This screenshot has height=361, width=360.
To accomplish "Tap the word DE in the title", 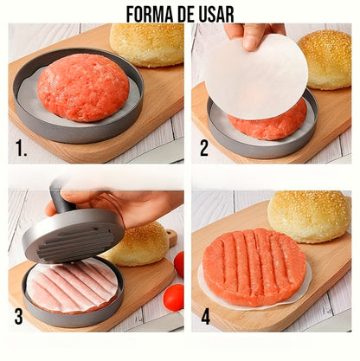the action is pyautogui.click(x=186, y=15).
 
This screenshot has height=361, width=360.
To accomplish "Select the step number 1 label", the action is pyautogui.click(x=22, y=149).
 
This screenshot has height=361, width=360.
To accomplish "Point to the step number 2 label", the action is pyautogui.click(x=204, y=148).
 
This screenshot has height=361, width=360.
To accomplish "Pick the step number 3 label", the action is pyautogui.click(x=19, y=317).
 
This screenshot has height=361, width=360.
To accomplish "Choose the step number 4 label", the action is pyautogui.click(x=205, y=317).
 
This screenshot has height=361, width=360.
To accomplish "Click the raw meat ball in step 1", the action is pyautogui.click(x=83, y=87).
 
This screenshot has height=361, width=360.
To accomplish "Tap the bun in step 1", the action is pyautogui.click(x=147, y=44).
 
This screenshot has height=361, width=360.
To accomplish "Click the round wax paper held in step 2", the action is pyautogui.click(x=255, y=76).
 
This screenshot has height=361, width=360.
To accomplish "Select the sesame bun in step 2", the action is pyautogui.click(x=326, y=59).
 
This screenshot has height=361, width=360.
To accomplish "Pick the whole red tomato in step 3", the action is pyautogui.click(x=174, y=297).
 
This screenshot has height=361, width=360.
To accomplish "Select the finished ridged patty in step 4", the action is pyautogui.click(x=254, y=267).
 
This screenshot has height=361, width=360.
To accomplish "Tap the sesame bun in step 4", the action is pyautogui.click(x=309, y=216).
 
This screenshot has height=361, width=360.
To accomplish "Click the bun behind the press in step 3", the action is pyautogui.click(x=138, y=245).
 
